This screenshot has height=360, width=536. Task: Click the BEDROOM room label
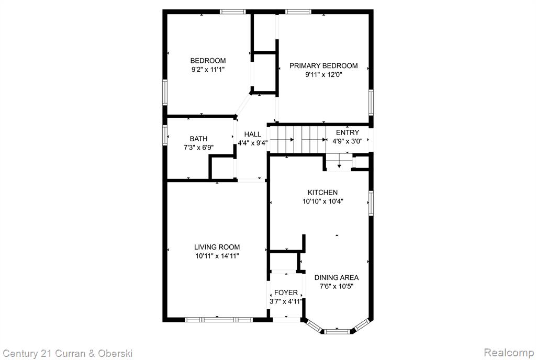click(x=208, y=61)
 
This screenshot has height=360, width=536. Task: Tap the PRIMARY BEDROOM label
click(x=323, y=65)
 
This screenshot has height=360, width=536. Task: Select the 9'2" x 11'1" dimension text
click(x=208, y=70)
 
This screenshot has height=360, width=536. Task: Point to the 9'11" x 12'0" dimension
click(x=323, y=74)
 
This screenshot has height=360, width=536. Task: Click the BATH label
click(x=198, y=139)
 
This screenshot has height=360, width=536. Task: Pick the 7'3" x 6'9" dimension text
click(x=198, y=148)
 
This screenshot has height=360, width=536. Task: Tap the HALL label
click(x=253, y=134)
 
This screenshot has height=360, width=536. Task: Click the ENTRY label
click(x=348, y=132)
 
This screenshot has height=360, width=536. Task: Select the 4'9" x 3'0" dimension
click(x=348, y=141)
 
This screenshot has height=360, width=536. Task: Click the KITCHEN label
click(x=322, y=193)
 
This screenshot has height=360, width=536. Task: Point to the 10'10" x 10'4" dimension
click(x=322, y=201)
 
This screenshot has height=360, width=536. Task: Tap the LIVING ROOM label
click(x=217, y=247)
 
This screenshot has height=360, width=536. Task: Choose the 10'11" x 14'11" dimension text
click(x=217, y=256)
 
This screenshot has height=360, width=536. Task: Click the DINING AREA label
click(x=337, y=278)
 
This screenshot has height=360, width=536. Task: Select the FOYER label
click(x=286, y=292)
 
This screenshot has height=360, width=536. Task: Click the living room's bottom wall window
click(x=219, y=320)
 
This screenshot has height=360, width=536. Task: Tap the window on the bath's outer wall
click(x=165, y=135)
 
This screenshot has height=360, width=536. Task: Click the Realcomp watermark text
click(x=509, y=352)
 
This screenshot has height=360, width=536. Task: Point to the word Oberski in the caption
click(x=115, y=353)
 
